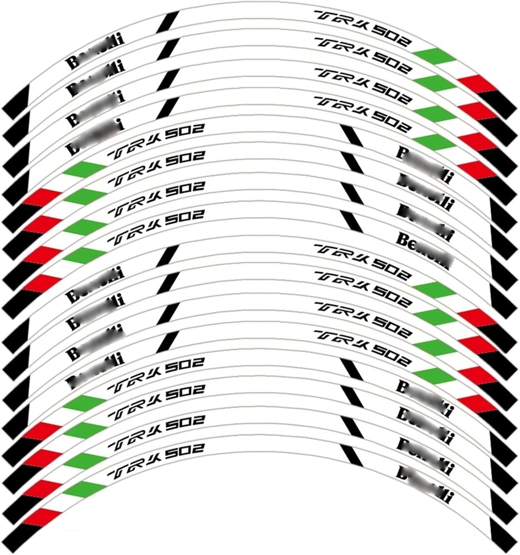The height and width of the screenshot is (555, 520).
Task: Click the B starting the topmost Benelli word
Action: click(x=73, y=62)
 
